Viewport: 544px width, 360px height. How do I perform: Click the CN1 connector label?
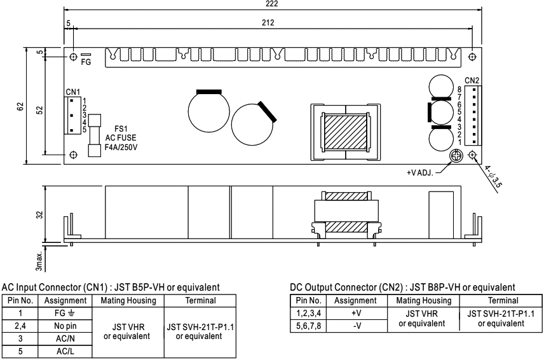(72, 93)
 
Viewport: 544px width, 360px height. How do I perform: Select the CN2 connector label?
(472, 80)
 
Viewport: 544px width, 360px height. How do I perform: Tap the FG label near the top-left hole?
(86, 64)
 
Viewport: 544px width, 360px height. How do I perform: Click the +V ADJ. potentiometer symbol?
(456, 155)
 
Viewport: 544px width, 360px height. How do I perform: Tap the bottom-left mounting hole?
(74, 155)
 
